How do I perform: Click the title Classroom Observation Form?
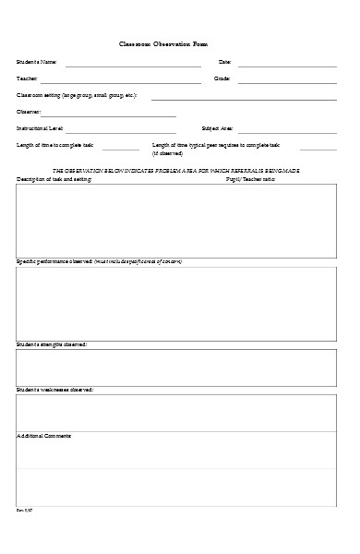pos(180,43)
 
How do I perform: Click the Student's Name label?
pos(37,62)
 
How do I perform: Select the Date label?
pos(223,62)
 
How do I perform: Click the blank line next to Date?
pos(287,66)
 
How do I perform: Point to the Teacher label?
pos(28,78)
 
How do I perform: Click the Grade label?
pos(222,78)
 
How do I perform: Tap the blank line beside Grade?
pos(287,82)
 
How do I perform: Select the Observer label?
pos(30,112)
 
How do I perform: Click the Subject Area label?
pos(217,128)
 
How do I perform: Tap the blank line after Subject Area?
pos(287,132)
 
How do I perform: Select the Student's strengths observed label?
pos(52,344)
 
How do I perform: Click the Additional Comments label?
pos(45,434)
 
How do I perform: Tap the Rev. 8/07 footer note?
pos(24,535)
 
